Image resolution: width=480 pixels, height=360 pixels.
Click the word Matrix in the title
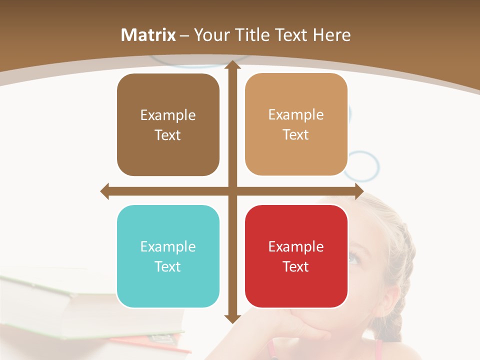[148, 35]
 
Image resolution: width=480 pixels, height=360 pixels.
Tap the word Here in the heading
[332, 35]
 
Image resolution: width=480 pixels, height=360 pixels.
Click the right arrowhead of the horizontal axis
[358, 191]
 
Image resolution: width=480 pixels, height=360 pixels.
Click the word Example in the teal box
[168, 246]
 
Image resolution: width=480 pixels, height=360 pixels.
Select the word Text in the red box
[296, 266]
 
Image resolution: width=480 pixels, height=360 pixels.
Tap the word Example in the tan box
[296, 114]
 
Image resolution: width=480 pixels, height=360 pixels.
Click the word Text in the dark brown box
[168, 135]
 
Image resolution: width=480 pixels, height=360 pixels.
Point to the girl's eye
[353, 258]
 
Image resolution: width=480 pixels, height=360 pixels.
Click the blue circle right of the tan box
[362, 166]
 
